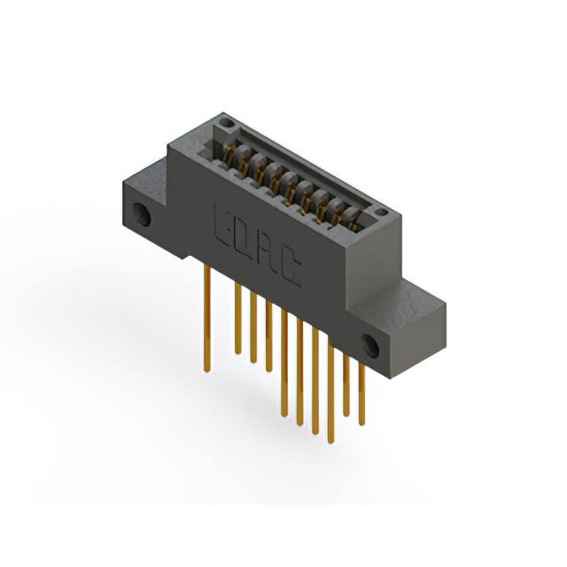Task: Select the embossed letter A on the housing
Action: [x=267, y=254]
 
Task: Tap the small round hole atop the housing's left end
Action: [x=226, y=122]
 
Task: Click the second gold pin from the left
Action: [x=237, y=319]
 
